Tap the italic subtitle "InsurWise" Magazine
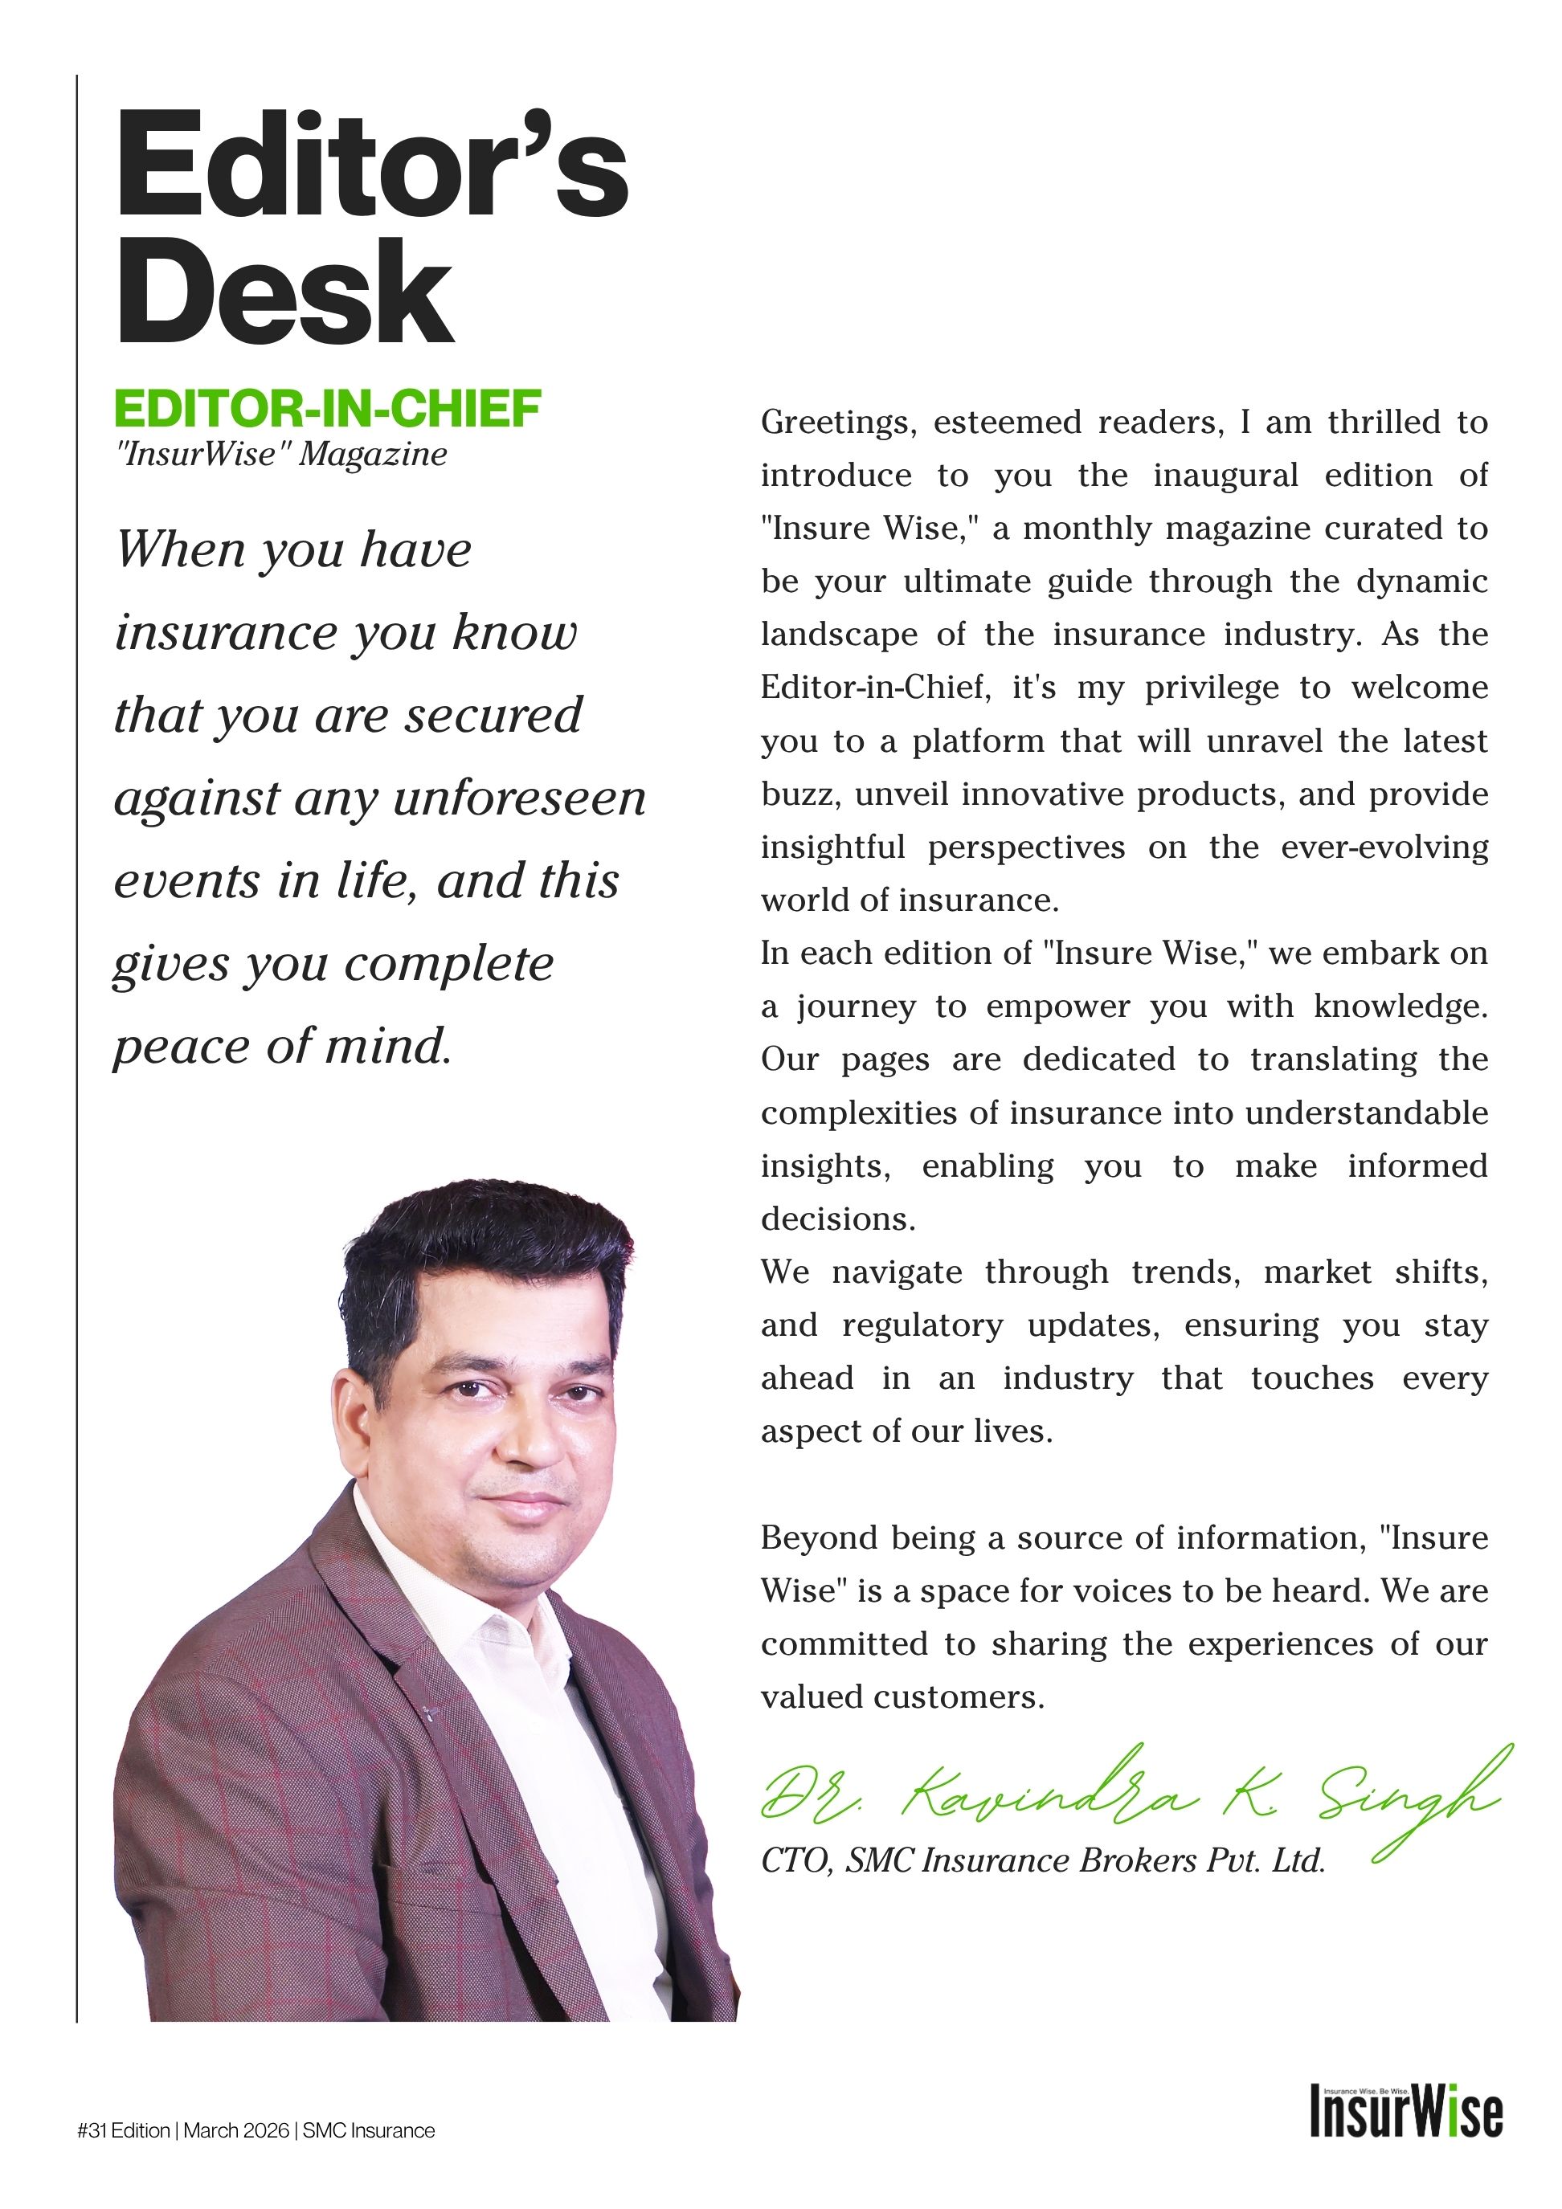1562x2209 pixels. [281, 454]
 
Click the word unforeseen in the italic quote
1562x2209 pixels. [520, 798]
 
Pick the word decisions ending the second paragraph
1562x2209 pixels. [837, 1219]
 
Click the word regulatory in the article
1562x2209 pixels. [922, 1325]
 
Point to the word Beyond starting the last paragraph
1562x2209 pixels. [818, 1538]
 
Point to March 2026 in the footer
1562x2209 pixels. [235, 2131]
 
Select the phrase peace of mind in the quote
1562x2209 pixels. [282, 1047]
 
